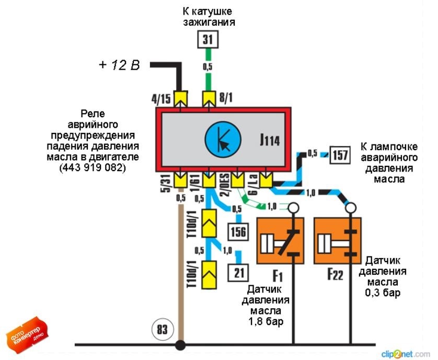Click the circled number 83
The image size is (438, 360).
click(x=160, y=330)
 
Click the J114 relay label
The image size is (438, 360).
click(x=269, y=140)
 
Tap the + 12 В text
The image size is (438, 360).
click(x=120, y=66)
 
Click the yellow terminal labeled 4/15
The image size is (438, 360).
click(x=181, y=97)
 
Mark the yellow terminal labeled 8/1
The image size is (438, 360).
click(x=209, y=97)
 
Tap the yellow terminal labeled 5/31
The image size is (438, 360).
click(x=181, y=181)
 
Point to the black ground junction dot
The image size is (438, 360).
click(x=181, y=345)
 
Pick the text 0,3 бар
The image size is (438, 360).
click(x=383, y=292)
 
